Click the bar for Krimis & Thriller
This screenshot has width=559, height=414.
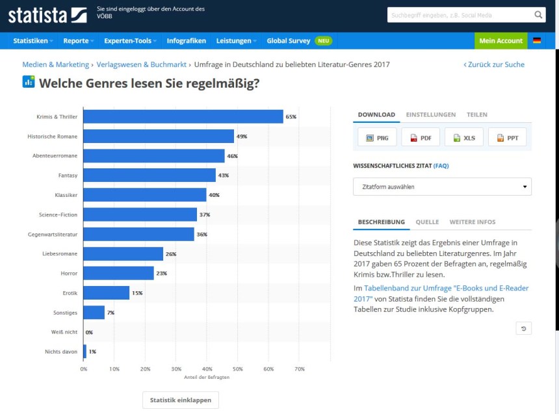[183, 117]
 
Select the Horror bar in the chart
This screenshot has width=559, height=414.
[118, 273]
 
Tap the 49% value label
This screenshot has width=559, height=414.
[242, 136]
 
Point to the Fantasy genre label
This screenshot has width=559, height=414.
[68, 175]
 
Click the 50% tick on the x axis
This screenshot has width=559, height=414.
[238, 369]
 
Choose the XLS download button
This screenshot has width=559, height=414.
[463, 138]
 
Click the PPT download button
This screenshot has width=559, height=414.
[507, 138]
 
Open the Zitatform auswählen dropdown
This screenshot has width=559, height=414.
[442, 187]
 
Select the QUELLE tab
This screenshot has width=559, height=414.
[427, 222]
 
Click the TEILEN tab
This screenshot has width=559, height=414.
[476, 115]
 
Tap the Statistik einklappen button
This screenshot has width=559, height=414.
[181, 400]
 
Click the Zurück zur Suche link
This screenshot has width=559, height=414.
[494, 65]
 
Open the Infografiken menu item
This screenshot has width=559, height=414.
[186, 41]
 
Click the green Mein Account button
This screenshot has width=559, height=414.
[500, 41]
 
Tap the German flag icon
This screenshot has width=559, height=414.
[537, 41]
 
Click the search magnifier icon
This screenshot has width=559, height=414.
[539, 15]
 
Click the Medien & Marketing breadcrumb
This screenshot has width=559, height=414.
[55, 65]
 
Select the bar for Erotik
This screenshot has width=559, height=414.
[106, 292]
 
